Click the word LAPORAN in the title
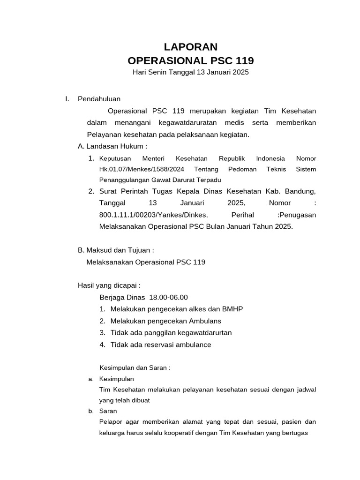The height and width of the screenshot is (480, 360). coord(190,47)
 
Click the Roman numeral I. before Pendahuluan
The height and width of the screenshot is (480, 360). coord(67,99)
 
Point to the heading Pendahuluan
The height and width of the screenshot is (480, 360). coord(99,99)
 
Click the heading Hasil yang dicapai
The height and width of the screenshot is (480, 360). coord(109,285)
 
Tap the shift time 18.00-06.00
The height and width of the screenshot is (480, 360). coord(168,297)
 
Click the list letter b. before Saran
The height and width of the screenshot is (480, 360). coord(91,411)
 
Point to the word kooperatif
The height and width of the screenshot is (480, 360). coord(178,433)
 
